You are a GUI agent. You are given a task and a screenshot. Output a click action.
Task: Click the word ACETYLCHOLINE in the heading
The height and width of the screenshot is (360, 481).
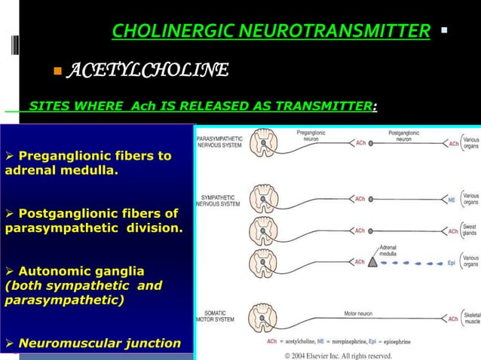coord(148,72)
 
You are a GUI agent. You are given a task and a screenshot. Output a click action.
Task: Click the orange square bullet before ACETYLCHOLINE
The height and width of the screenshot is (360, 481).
coord(57,72)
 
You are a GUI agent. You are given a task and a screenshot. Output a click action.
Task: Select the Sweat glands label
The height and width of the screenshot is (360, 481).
coord(471,229)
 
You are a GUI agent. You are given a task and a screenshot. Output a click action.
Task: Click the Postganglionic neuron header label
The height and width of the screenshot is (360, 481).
coord(404,136)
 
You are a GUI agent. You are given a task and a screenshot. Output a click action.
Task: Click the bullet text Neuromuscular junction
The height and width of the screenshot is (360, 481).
coord(100,343)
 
